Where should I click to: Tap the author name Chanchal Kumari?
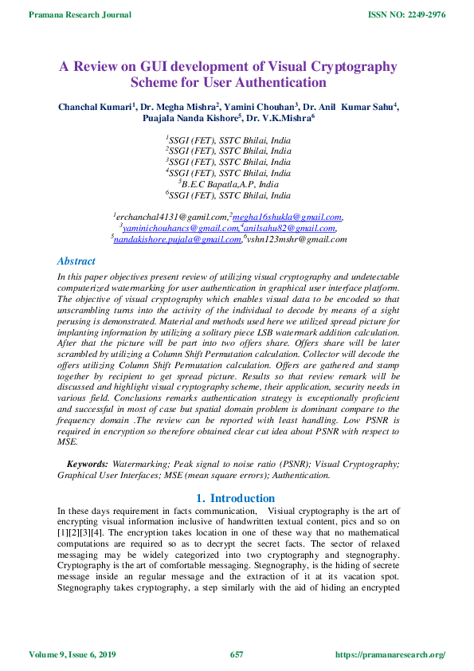point(95,107)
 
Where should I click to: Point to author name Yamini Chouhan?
point(261,107)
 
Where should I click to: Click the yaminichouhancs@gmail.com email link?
point(180,228)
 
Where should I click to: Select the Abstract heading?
point(76,261)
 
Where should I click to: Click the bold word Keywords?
point(88,463)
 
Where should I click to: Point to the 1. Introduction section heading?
point(236,499)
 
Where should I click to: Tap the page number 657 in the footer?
point(237,655)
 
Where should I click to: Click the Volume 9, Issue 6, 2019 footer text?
point(72,655)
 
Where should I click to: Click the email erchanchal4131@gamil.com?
point(171,217)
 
